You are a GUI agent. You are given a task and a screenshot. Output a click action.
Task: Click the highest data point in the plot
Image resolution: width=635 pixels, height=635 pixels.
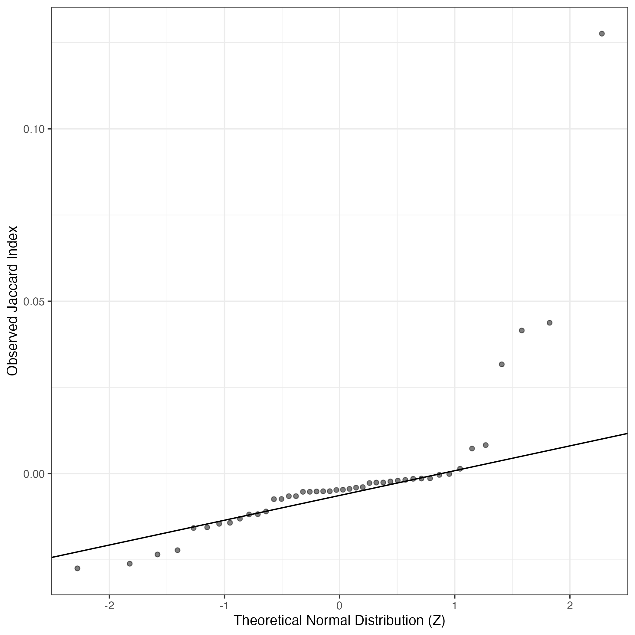tap(602, 34)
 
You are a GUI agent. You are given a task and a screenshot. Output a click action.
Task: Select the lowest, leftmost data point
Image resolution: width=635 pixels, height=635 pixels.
tap(77, 568)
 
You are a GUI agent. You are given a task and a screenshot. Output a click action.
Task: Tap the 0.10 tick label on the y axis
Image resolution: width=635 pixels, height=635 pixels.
tap(33, 129)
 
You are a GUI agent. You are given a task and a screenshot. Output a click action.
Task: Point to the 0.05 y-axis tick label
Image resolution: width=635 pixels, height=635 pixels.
tap(33, 301)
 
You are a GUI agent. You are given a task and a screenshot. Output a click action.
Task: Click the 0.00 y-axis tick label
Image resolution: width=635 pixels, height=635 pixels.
tap(33, 474)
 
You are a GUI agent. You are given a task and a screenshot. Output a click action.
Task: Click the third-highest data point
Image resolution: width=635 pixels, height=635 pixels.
tap(522, 330)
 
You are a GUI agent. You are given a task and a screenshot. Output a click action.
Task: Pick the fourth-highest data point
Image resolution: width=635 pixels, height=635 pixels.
tap(502, 364)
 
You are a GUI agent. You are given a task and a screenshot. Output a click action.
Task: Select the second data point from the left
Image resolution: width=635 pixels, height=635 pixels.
tap(129, 564)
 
